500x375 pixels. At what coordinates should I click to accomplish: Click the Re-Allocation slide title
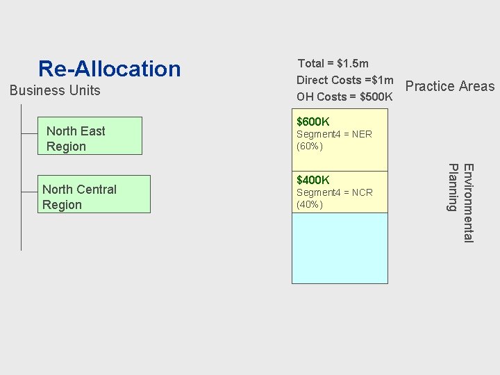(109, 69)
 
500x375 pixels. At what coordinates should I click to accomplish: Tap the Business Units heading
(55, 90)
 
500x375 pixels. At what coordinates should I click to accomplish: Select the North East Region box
(90, 136)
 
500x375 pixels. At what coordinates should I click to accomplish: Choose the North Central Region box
(94, 194)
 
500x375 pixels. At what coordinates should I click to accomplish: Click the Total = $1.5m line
(333, 63)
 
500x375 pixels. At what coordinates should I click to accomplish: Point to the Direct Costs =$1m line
(344, 80)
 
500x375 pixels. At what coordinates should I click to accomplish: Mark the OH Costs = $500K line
(344, 97)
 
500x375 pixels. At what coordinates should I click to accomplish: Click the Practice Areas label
(449, 86)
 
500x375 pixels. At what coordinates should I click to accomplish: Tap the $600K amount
(313, 122)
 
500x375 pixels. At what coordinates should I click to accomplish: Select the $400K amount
(313, 181)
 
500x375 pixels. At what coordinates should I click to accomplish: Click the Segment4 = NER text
(334, 134)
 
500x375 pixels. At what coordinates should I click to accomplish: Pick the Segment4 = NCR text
(334, 192)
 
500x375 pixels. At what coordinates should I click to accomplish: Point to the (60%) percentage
(310, 147)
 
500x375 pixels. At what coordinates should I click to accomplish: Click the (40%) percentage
(310, 205)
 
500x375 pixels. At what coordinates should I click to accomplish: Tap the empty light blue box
(340, 248)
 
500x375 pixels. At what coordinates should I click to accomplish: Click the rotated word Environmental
(468, 203)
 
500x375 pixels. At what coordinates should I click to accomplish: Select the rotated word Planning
(453, 187)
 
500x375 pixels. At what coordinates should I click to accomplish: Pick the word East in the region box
(92, 131)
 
